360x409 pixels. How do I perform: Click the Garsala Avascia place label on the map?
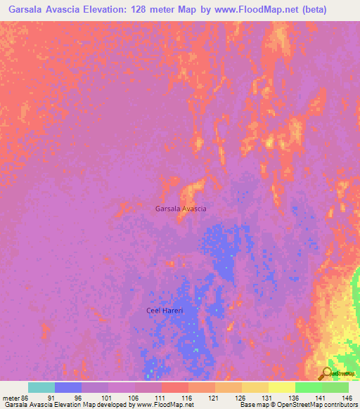point(181,209)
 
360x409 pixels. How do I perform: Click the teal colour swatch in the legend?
point(41,387)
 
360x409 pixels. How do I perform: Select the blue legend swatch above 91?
point(68,387)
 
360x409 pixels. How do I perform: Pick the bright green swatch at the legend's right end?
point(335,387)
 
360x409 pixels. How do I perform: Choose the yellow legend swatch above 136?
point(281,387)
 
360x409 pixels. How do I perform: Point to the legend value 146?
point(347,397)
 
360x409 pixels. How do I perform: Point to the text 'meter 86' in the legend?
point(15,397)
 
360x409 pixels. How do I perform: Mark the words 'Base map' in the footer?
point(253,405)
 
